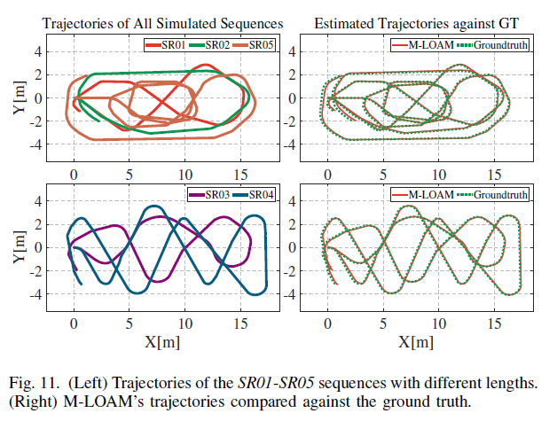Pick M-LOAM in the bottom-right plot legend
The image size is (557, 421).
tap(429, 194)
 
